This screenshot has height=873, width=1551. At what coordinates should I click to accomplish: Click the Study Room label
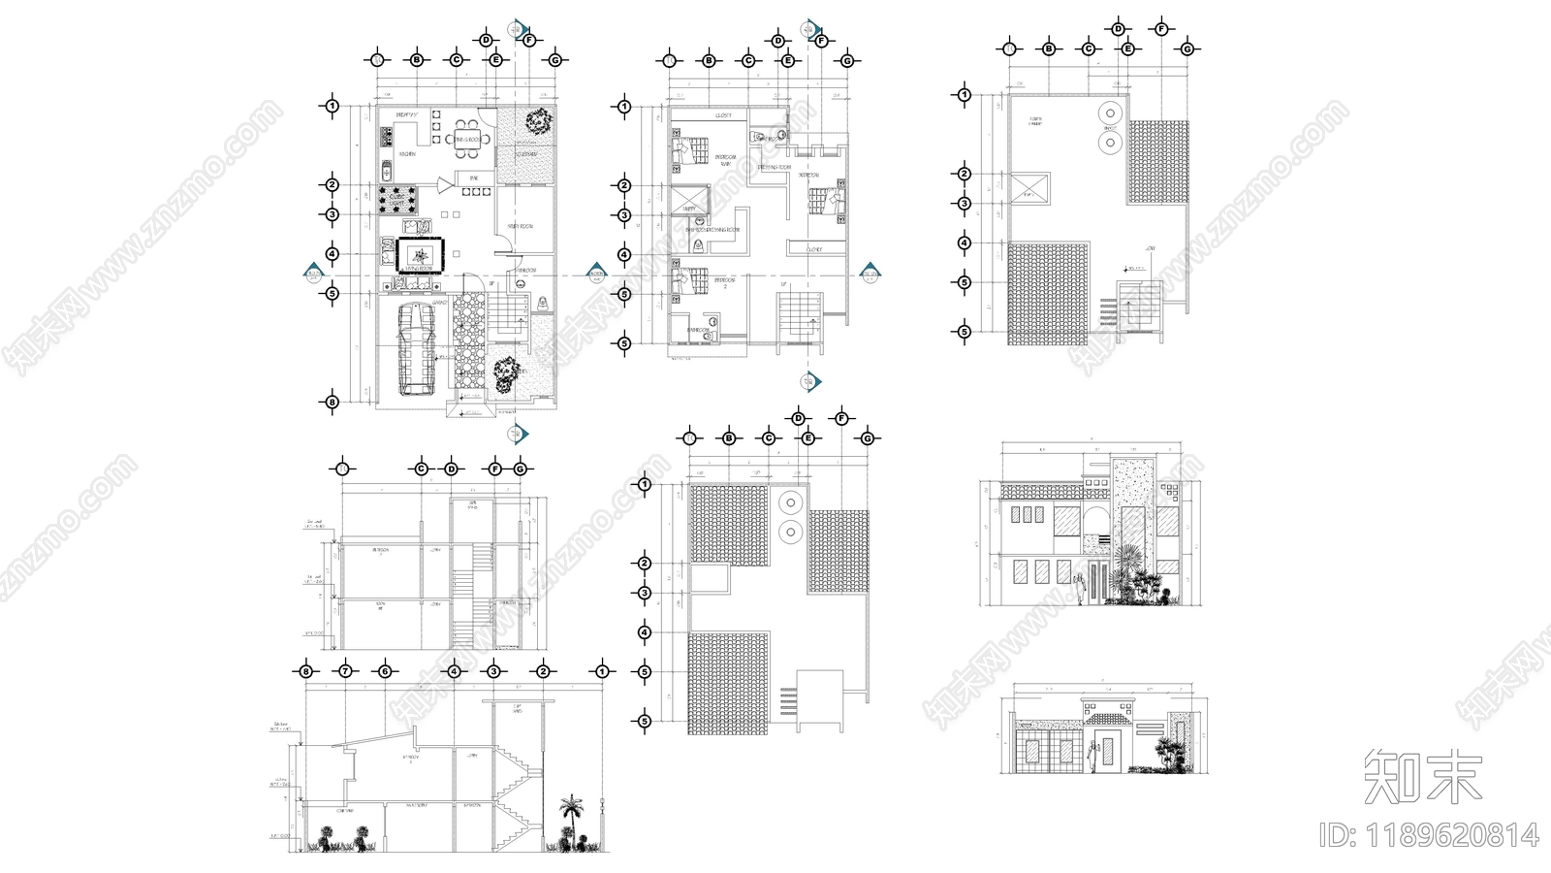coord(521,226)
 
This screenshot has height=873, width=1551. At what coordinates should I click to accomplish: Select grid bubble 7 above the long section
coord(345,670)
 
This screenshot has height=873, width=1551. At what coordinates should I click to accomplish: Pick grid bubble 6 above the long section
coord(385,670)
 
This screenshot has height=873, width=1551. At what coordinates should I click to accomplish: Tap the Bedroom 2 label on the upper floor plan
coord(724,282)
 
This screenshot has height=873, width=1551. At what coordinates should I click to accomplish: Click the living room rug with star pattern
coord(420,256)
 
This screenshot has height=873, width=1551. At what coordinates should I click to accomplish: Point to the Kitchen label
coord(408,153)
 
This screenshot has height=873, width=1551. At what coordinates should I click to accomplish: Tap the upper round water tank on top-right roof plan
coord(1108,113)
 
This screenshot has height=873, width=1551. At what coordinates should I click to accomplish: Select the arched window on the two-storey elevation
coord(1097,520)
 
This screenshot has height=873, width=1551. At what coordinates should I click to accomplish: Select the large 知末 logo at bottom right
coord(1422,777)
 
